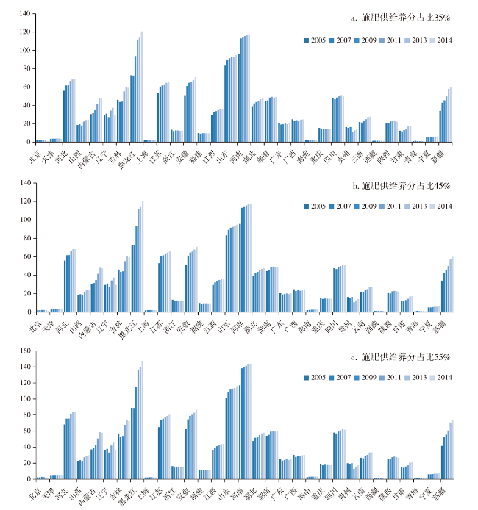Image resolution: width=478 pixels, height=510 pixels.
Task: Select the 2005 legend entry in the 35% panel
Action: pyautogui.click(x=315, y=40)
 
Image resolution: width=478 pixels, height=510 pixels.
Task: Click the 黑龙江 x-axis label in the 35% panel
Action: pyautogui.click(x=126, y=155)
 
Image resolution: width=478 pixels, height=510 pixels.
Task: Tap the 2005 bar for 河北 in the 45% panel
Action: pyautogui.click(x=65, y=286)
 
